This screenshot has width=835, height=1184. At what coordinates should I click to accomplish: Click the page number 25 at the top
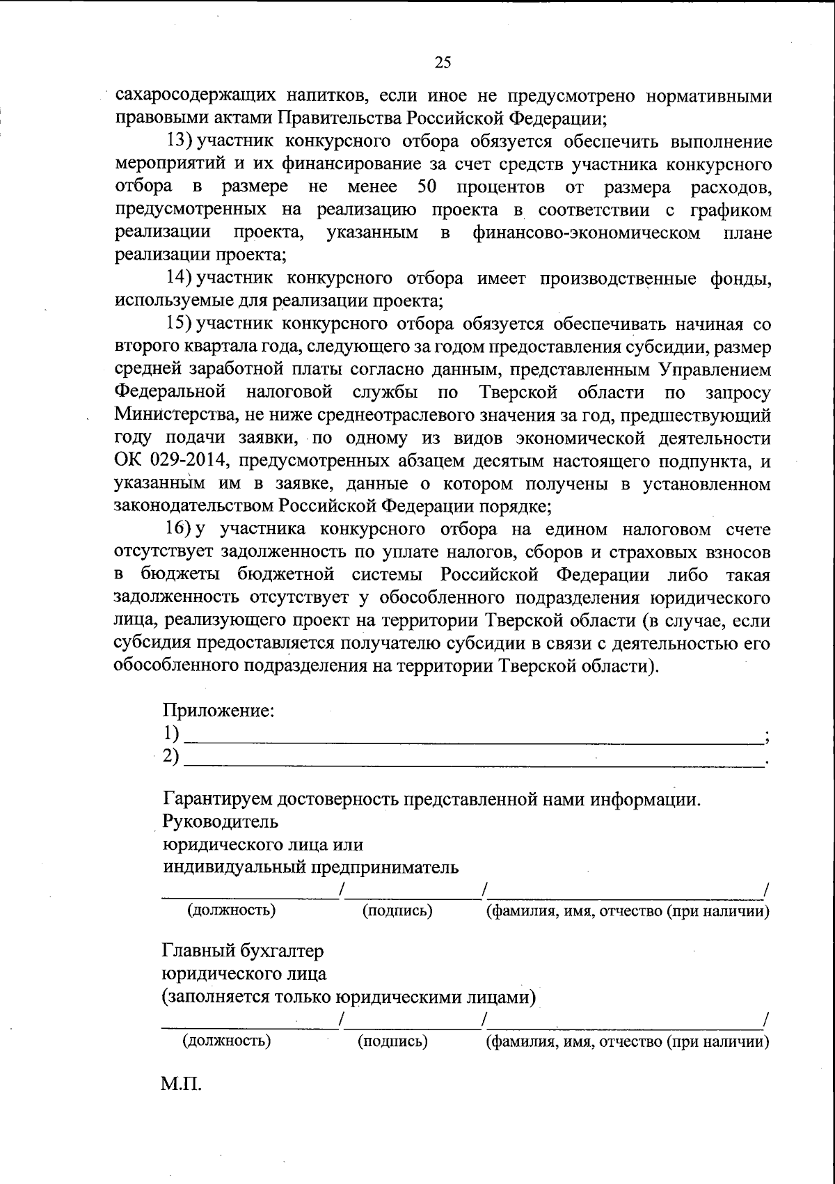pos(443,63)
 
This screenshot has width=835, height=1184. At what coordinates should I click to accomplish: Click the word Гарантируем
pos(221,799)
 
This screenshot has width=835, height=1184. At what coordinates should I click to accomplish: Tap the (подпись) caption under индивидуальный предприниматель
pos(397,910)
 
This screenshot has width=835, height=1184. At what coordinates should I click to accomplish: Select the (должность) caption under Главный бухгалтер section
pos(226,1041)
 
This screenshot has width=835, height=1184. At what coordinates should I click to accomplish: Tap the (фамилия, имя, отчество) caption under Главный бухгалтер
pos(626,1041)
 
